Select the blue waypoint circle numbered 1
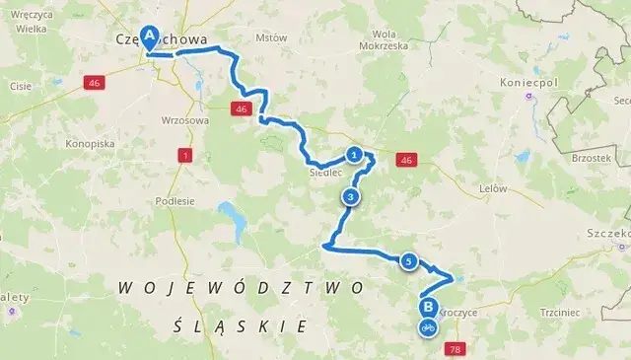pos(353,154)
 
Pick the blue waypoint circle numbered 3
pos(350,196)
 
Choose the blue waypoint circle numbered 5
pos(407,261)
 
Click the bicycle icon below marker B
pos(428,326)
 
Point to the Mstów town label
pos(270,38)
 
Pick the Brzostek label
pos(592,158)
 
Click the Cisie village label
pos(21,86)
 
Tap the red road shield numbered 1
pos(184,155)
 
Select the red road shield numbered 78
pos(455,349)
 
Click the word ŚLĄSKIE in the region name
pos(239,324)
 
